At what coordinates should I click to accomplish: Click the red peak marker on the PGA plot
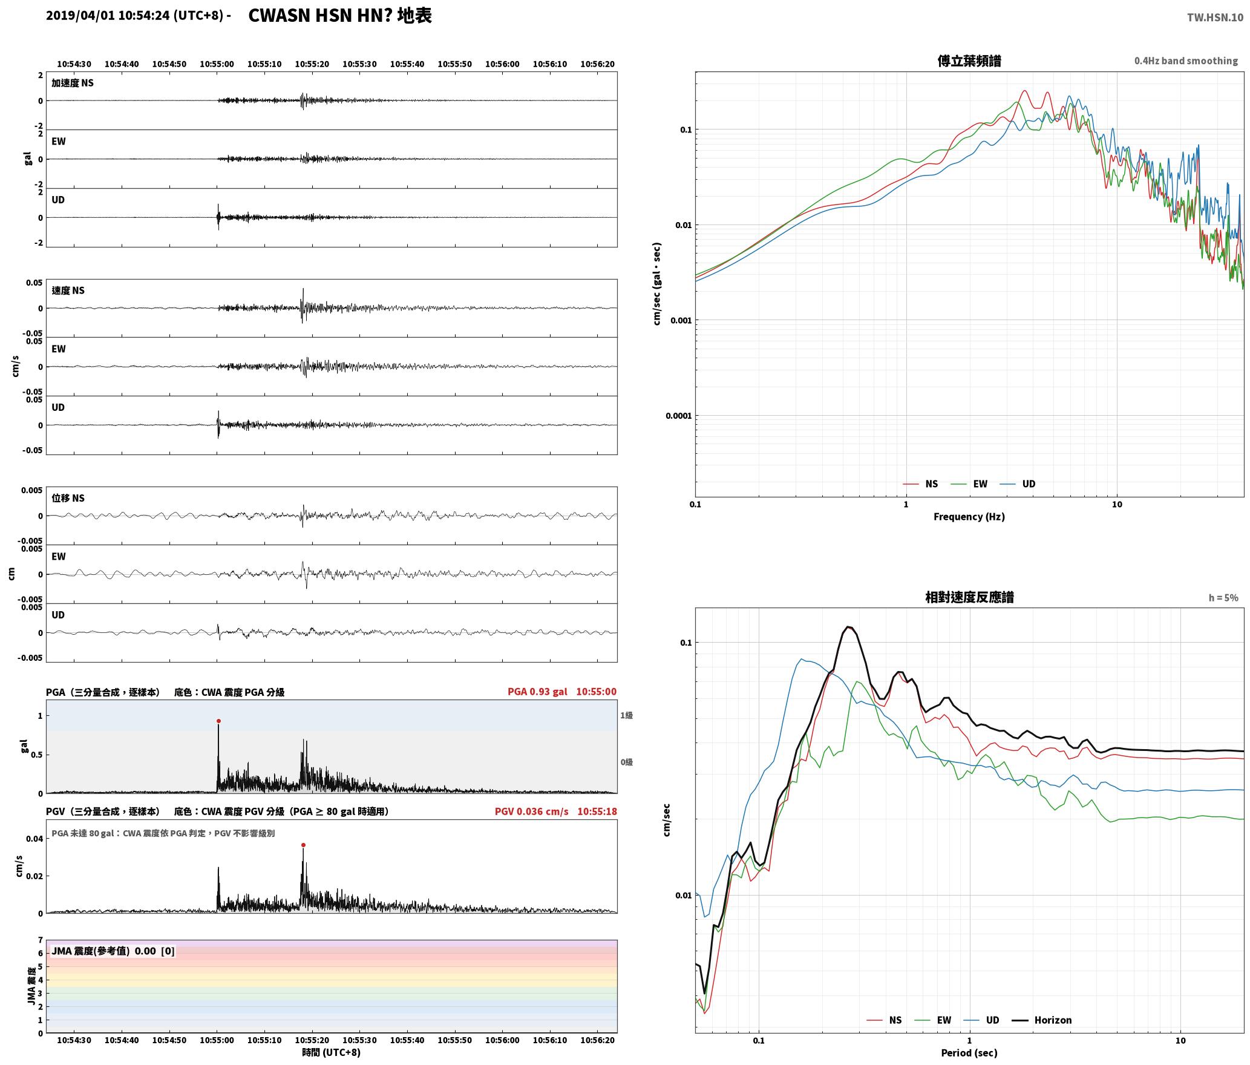[218, 721]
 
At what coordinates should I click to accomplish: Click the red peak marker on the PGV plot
[303, 845]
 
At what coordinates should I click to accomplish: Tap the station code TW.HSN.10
[1215, 18]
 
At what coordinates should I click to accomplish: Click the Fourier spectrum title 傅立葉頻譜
[969, 61]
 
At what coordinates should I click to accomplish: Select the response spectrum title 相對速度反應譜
[969, 597]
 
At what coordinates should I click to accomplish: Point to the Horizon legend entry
[1042, 1020]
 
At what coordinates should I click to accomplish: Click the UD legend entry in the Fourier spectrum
[1017, 483]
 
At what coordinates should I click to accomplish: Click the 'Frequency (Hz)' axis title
[969, 516]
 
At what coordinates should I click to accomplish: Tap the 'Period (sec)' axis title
[969, 1052]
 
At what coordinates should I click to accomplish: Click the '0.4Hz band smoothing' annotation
[1186, 61]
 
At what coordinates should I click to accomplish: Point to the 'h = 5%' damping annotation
[1223, 597]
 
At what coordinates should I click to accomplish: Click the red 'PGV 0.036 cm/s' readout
[531, 811]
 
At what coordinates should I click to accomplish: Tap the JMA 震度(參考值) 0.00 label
[113, 951]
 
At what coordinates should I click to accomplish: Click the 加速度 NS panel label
[73, 83]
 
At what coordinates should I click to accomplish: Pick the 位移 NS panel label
[68, 498]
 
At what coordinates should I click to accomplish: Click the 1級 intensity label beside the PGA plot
[626, 715]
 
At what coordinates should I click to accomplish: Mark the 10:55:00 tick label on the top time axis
[217, 64]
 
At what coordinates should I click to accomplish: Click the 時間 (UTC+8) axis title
[331, 1052]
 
